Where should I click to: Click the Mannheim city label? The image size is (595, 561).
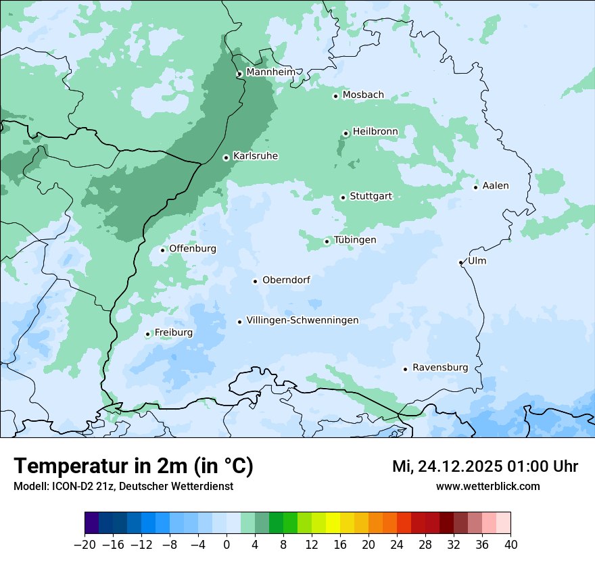point(270,72)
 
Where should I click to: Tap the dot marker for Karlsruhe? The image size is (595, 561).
point(227,157)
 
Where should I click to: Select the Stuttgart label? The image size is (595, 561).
point(371,196)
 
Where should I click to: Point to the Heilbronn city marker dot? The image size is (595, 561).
point(346,133)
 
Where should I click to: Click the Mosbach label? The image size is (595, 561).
point(363,95)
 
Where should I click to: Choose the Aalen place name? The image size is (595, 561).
point(496,185)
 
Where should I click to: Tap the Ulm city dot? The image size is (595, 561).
point(460,262)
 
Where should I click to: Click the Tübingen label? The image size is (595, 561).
point(355,240)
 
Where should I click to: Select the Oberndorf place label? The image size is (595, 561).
point(286,280)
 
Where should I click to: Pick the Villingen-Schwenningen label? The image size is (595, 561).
point(302,320)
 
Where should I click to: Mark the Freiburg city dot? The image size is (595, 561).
point(147,334)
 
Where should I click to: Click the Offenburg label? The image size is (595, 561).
point(193,249)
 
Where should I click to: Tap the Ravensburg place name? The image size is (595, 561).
point(440,368)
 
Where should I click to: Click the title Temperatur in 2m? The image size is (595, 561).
point(133,466)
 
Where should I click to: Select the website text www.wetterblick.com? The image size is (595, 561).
point(487,486)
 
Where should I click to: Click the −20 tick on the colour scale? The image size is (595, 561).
point(85,545)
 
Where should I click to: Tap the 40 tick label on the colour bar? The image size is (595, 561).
point(510,545)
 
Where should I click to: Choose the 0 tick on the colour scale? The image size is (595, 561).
point(227,545)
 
